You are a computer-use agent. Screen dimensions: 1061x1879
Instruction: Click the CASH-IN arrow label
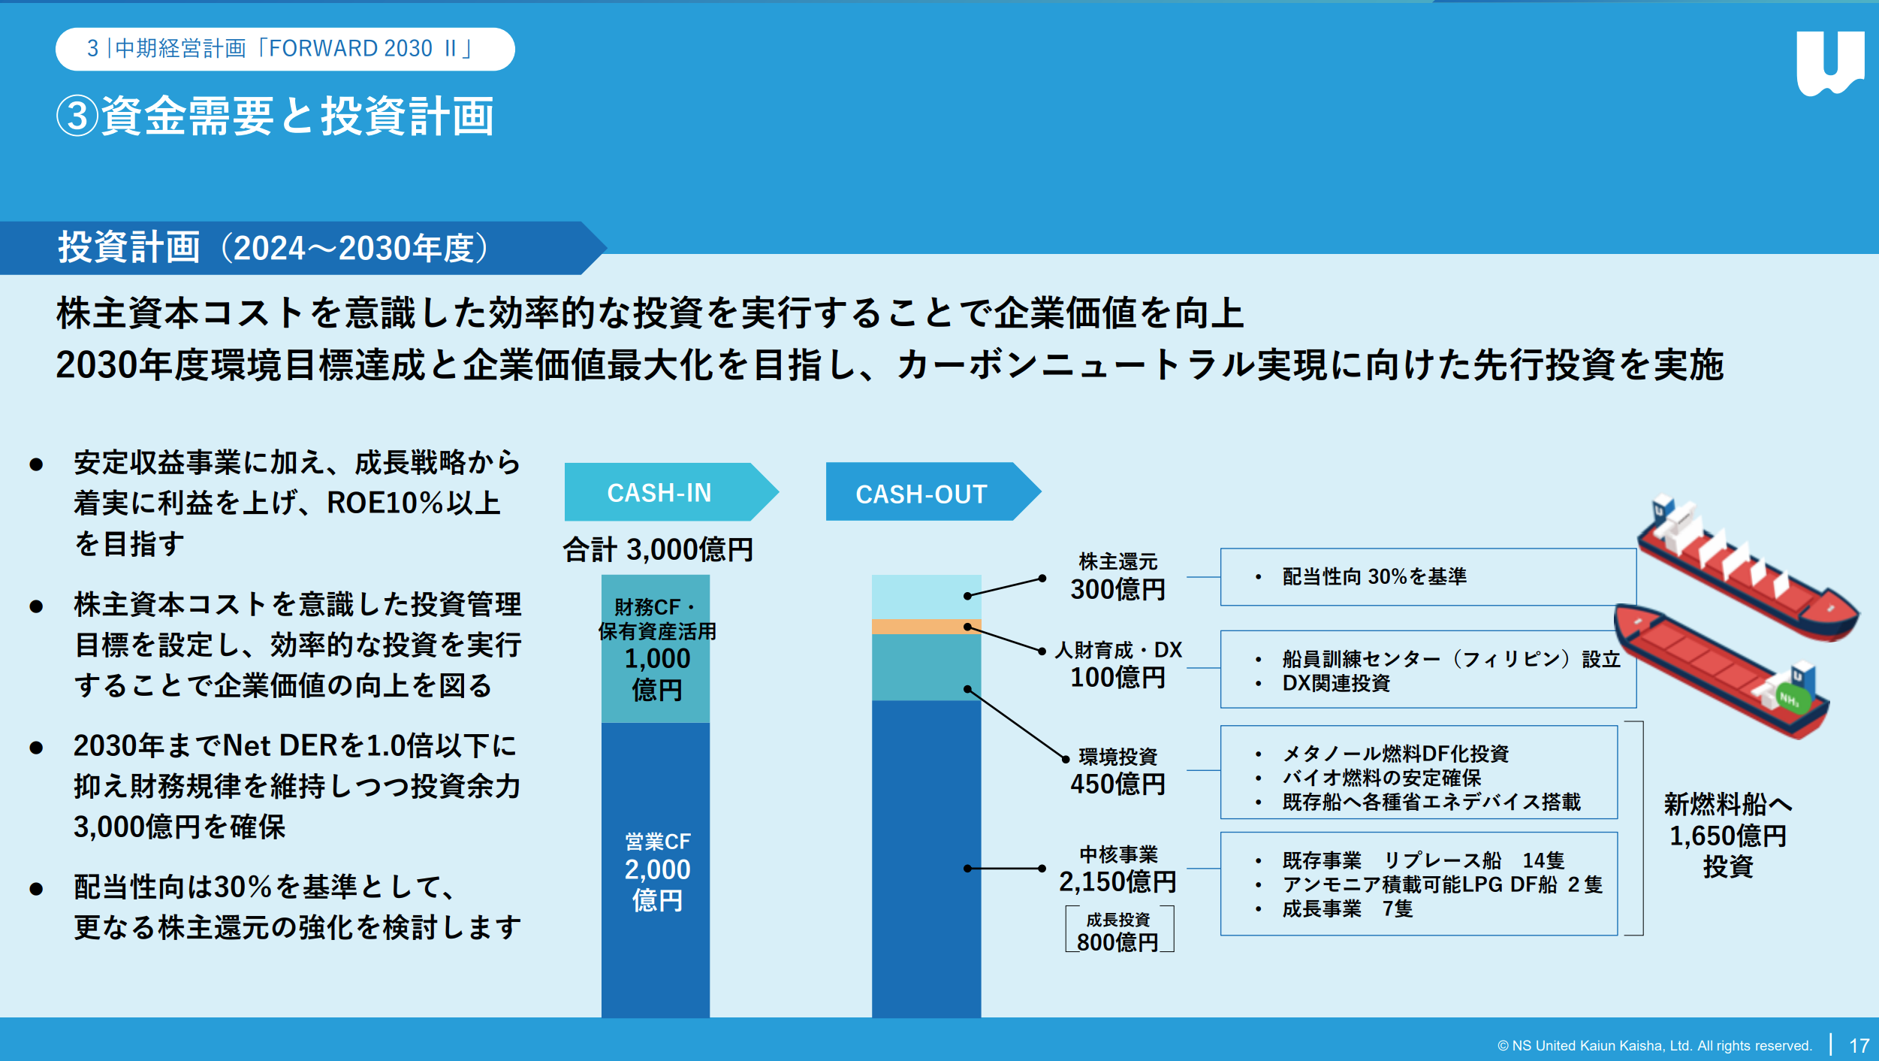click(x=659, y=493)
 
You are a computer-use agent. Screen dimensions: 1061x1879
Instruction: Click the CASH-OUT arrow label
click(x=921, y=494)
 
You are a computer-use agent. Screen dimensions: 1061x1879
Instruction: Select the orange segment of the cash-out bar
click(x=926, y=627)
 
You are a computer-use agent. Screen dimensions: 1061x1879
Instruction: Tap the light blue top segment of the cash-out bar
click(x=926, y=596)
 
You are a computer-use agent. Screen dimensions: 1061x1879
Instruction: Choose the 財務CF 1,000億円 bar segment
click(x=656, y=649)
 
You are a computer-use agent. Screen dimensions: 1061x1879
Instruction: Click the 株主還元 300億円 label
click(x=1117, y=577)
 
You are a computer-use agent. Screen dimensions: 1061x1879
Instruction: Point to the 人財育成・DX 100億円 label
click(x=1117, y=665)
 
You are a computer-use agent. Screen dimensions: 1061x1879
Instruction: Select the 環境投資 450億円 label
click(x=1117, y=772)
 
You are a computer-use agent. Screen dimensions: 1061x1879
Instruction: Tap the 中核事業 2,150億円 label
click(x=1117, y=869)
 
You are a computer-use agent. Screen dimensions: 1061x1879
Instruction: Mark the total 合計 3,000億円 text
click(x=658, y=550)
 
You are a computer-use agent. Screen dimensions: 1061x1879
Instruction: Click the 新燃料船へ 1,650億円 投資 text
click(x=1727, y=835)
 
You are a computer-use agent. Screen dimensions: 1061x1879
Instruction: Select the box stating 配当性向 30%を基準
click(x=1427, y=577)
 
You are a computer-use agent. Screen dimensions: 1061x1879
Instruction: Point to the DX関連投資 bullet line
click(x=1336, y=684)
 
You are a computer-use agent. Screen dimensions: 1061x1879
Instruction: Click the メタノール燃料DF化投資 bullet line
click(x=1395, y=754)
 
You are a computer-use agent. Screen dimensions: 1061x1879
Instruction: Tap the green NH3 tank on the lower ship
click(x=1789, y=699)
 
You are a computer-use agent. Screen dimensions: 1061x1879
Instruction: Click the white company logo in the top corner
click(x=1829, y=63)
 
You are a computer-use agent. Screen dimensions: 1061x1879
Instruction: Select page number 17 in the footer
click(x=1859, y=1045)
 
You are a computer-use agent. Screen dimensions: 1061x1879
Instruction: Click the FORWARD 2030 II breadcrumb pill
click(x=285, y=49)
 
